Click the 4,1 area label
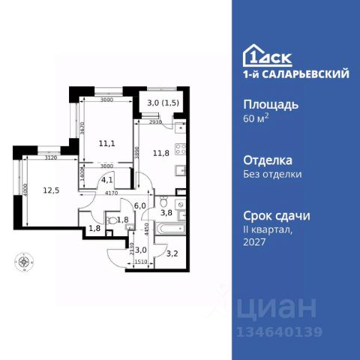pyautogui.click(x=107, y=179)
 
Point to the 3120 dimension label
pyautogui.click(x=52, y=159)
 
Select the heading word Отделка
pyautogui.click(x=268, y=160)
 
